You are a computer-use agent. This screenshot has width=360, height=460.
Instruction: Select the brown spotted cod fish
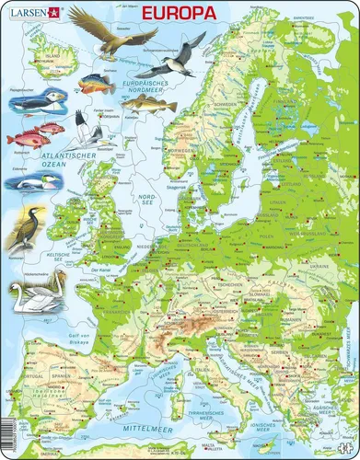point(146,105)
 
